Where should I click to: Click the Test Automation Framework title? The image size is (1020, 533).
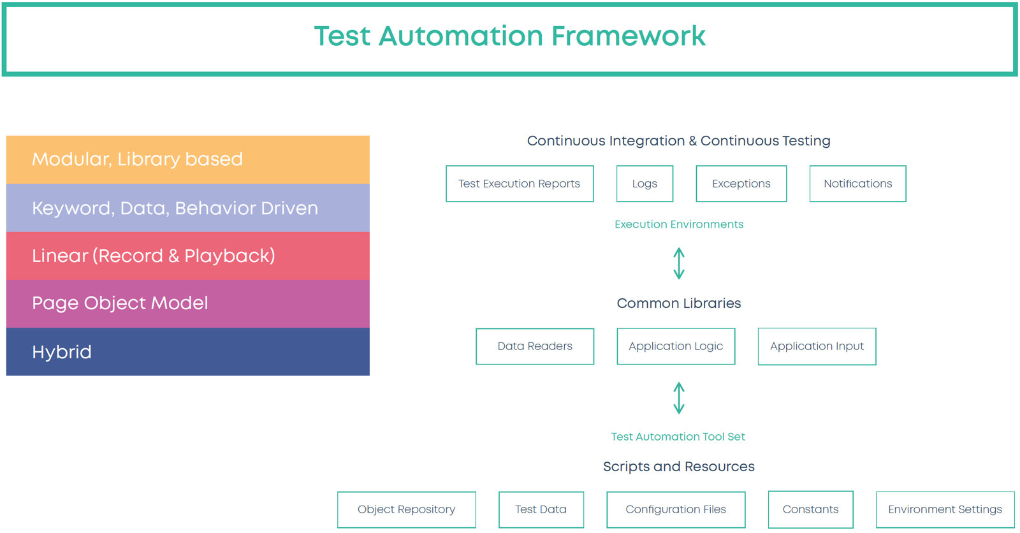pos(510,36)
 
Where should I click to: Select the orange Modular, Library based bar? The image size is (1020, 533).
pos(187,159)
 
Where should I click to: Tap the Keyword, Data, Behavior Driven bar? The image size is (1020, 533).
pos(187,208)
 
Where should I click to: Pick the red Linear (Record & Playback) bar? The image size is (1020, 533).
pos(187,256)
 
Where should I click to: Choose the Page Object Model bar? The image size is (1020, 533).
pos(187,303)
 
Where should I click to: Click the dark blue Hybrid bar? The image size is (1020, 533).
pos(187,352)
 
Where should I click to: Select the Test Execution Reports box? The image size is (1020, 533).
pos(520,184)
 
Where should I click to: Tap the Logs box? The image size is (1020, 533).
pos(645,184)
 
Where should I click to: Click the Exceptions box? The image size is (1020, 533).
pos(741,184)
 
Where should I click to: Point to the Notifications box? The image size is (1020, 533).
pos(858,184)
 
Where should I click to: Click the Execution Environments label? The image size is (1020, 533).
pos(679,224)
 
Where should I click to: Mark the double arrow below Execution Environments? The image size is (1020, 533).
pos(679,263)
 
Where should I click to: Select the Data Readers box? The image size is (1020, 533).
pos(535,346)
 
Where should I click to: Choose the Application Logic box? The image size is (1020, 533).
pos(676,346)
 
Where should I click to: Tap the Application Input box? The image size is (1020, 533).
pos(817,346)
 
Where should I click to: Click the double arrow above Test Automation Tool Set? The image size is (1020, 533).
pos(679,398)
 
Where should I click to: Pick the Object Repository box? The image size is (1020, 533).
pos(407,509)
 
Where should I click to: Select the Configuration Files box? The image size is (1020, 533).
pos(676,509)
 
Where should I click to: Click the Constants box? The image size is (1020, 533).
pos(810,509)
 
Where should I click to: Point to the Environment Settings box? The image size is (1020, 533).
pos(945,509)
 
